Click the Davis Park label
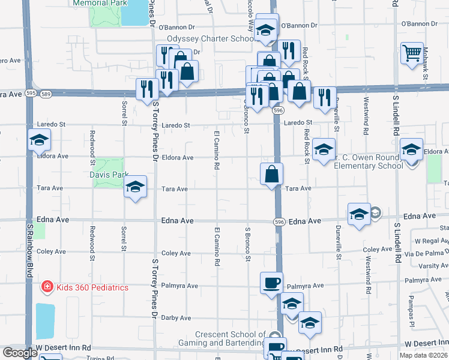pyautogui.click(x=109, y=175)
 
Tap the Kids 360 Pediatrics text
pyautogui.click(x=92, y=287)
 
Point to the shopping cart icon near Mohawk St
pyautogui.click(x=412, y=53)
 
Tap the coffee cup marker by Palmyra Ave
pyautogui.click(x=271, y=283)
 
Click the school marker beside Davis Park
pyautogui.click(x=136, y=187)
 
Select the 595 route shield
pyautogui.click(x=31, y=94)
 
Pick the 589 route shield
pyautogui.click(x=46, y=94)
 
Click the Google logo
pyautogui.click(x=20, y=353)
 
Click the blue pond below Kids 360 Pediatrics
pyautogui.click(x=45, y=321)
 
